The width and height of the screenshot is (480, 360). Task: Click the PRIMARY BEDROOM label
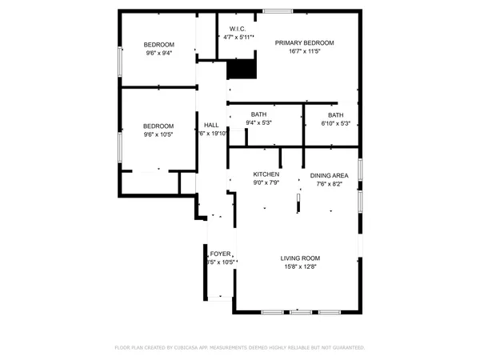coord(305,42)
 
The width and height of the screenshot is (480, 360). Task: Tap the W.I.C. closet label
coord(237,29)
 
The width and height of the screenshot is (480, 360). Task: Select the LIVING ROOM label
coord(300,258)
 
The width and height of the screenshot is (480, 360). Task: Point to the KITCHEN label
coord(266,174)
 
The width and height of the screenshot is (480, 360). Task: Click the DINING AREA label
coord(330,174)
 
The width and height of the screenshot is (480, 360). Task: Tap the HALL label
coord(211,126)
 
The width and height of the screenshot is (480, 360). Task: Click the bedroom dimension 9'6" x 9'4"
coord(158,54)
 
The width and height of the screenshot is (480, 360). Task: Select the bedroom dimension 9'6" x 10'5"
coord(158,134)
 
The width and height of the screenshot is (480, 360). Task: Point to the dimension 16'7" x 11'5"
coord(305,51)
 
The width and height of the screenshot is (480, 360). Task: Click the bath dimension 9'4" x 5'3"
coord(258,122)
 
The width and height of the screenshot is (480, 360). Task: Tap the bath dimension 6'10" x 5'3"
coord(335,122)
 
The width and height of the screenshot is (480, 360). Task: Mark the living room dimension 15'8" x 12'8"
coord(300,267)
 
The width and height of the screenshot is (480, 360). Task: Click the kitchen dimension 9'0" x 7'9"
coord(266,183)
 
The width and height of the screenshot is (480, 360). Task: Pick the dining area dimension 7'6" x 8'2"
coord(330,183)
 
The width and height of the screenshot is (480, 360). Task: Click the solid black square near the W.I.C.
coord(241,70)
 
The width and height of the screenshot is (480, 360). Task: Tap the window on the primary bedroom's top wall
coord(278,10)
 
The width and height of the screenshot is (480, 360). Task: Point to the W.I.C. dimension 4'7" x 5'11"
coord(237,38)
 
